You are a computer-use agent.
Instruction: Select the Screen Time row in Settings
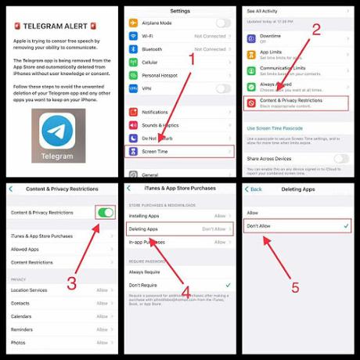[178, 150]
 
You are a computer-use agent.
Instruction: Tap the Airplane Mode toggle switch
[223, 23]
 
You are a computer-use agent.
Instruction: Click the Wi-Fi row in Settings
[178, 36]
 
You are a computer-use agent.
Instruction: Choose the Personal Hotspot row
[178, 74]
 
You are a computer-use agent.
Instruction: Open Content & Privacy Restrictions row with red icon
[297, 103]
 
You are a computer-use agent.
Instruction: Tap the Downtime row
[297, 38]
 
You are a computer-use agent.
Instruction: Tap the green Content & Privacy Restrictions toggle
[105, 212]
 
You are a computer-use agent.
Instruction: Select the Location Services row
[59, 290]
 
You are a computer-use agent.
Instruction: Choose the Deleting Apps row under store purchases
[178, 230]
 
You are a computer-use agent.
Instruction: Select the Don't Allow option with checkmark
[297, 226]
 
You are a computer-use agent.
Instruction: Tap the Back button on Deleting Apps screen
[254, 189]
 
